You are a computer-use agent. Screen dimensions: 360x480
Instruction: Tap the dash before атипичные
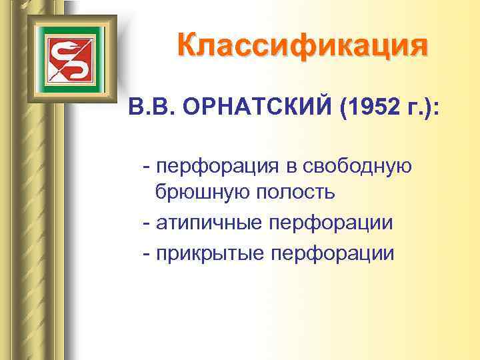point(145,223)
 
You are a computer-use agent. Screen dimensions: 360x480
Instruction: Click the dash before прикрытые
point(145,253)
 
